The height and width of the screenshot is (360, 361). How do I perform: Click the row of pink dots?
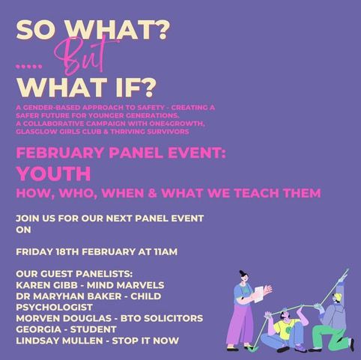29,67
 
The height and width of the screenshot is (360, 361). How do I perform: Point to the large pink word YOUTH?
54,174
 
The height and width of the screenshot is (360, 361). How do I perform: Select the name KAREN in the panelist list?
31,285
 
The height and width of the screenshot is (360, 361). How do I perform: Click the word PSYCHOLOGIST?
55,307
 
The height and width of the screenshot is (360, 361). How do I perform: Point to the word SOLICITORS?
174,318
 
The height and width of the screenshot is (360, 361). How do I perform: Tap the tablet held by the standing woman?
259,294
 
